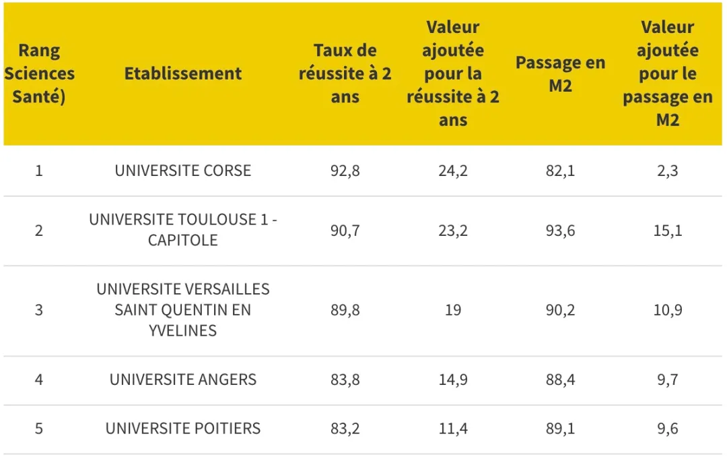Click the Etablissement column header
click(x=182, y=73)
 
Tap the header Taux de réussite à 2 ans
click(x=345, y=73)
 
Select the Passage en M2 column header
click(x=560, y=73)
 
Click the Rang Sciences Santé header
click(x=39, y=73)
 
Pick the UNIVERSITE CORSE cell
click(x=182, y=171)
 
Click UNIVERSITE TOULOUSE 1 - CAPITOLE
click(x=182, y=230)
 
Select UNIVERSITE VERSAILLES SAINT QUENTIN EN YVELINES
click(x=182, y=310)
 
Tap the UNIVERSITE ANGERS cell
click(x=182, y=379)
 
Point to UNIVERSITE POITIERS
click(x=182, y=428)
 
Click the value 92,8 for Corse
click(x=345, y=171)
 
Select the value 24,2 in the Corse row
click(x=452, y=171)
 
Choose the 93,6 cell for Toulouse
click(x=560, y=230)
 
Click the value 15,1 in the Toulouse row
click(x=667, y=230)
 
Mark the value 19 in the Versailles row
click(x=452, y=310)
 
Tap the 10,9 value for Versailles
click(x=667, y=310)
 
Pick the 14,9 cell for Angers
click(x=452, y=379)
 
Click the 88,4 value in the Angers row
click(x=560, y=379)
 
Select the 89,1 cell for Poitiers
click(x=560, y=428)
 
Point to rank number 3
click(x=39, y=310)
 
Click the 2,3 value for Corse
click(x=667, y=171)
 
